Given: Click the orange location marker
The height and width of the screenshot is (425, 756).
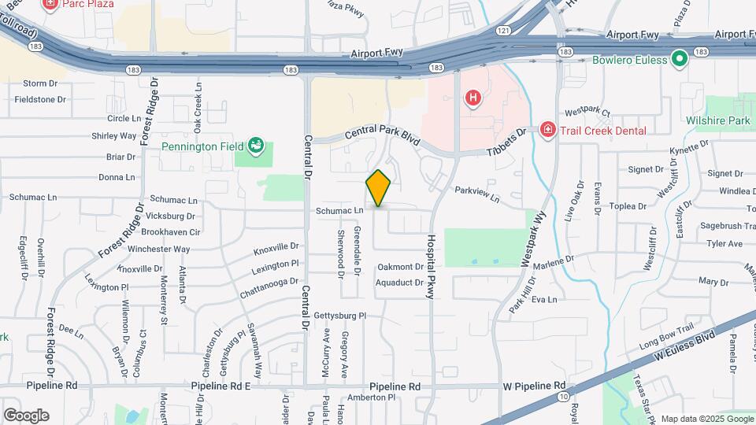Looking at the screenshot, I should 379,188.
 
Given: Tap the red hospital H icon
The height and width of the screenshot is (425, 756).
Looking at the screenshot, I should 472,98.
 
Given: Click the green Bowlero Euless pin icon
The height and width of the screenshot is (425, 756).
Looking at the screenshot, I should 680,59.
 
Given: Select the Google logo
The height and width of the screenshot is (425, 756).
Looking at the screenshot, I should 26,416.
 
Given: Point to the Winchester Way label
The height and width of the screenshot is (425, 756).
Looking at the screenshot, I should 159,249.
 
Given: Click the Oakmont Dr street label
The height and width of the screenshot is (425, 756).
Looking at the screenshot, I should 400,267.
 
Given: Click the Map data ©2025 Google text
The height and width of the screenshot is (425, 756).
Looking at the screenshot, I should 706,419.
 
